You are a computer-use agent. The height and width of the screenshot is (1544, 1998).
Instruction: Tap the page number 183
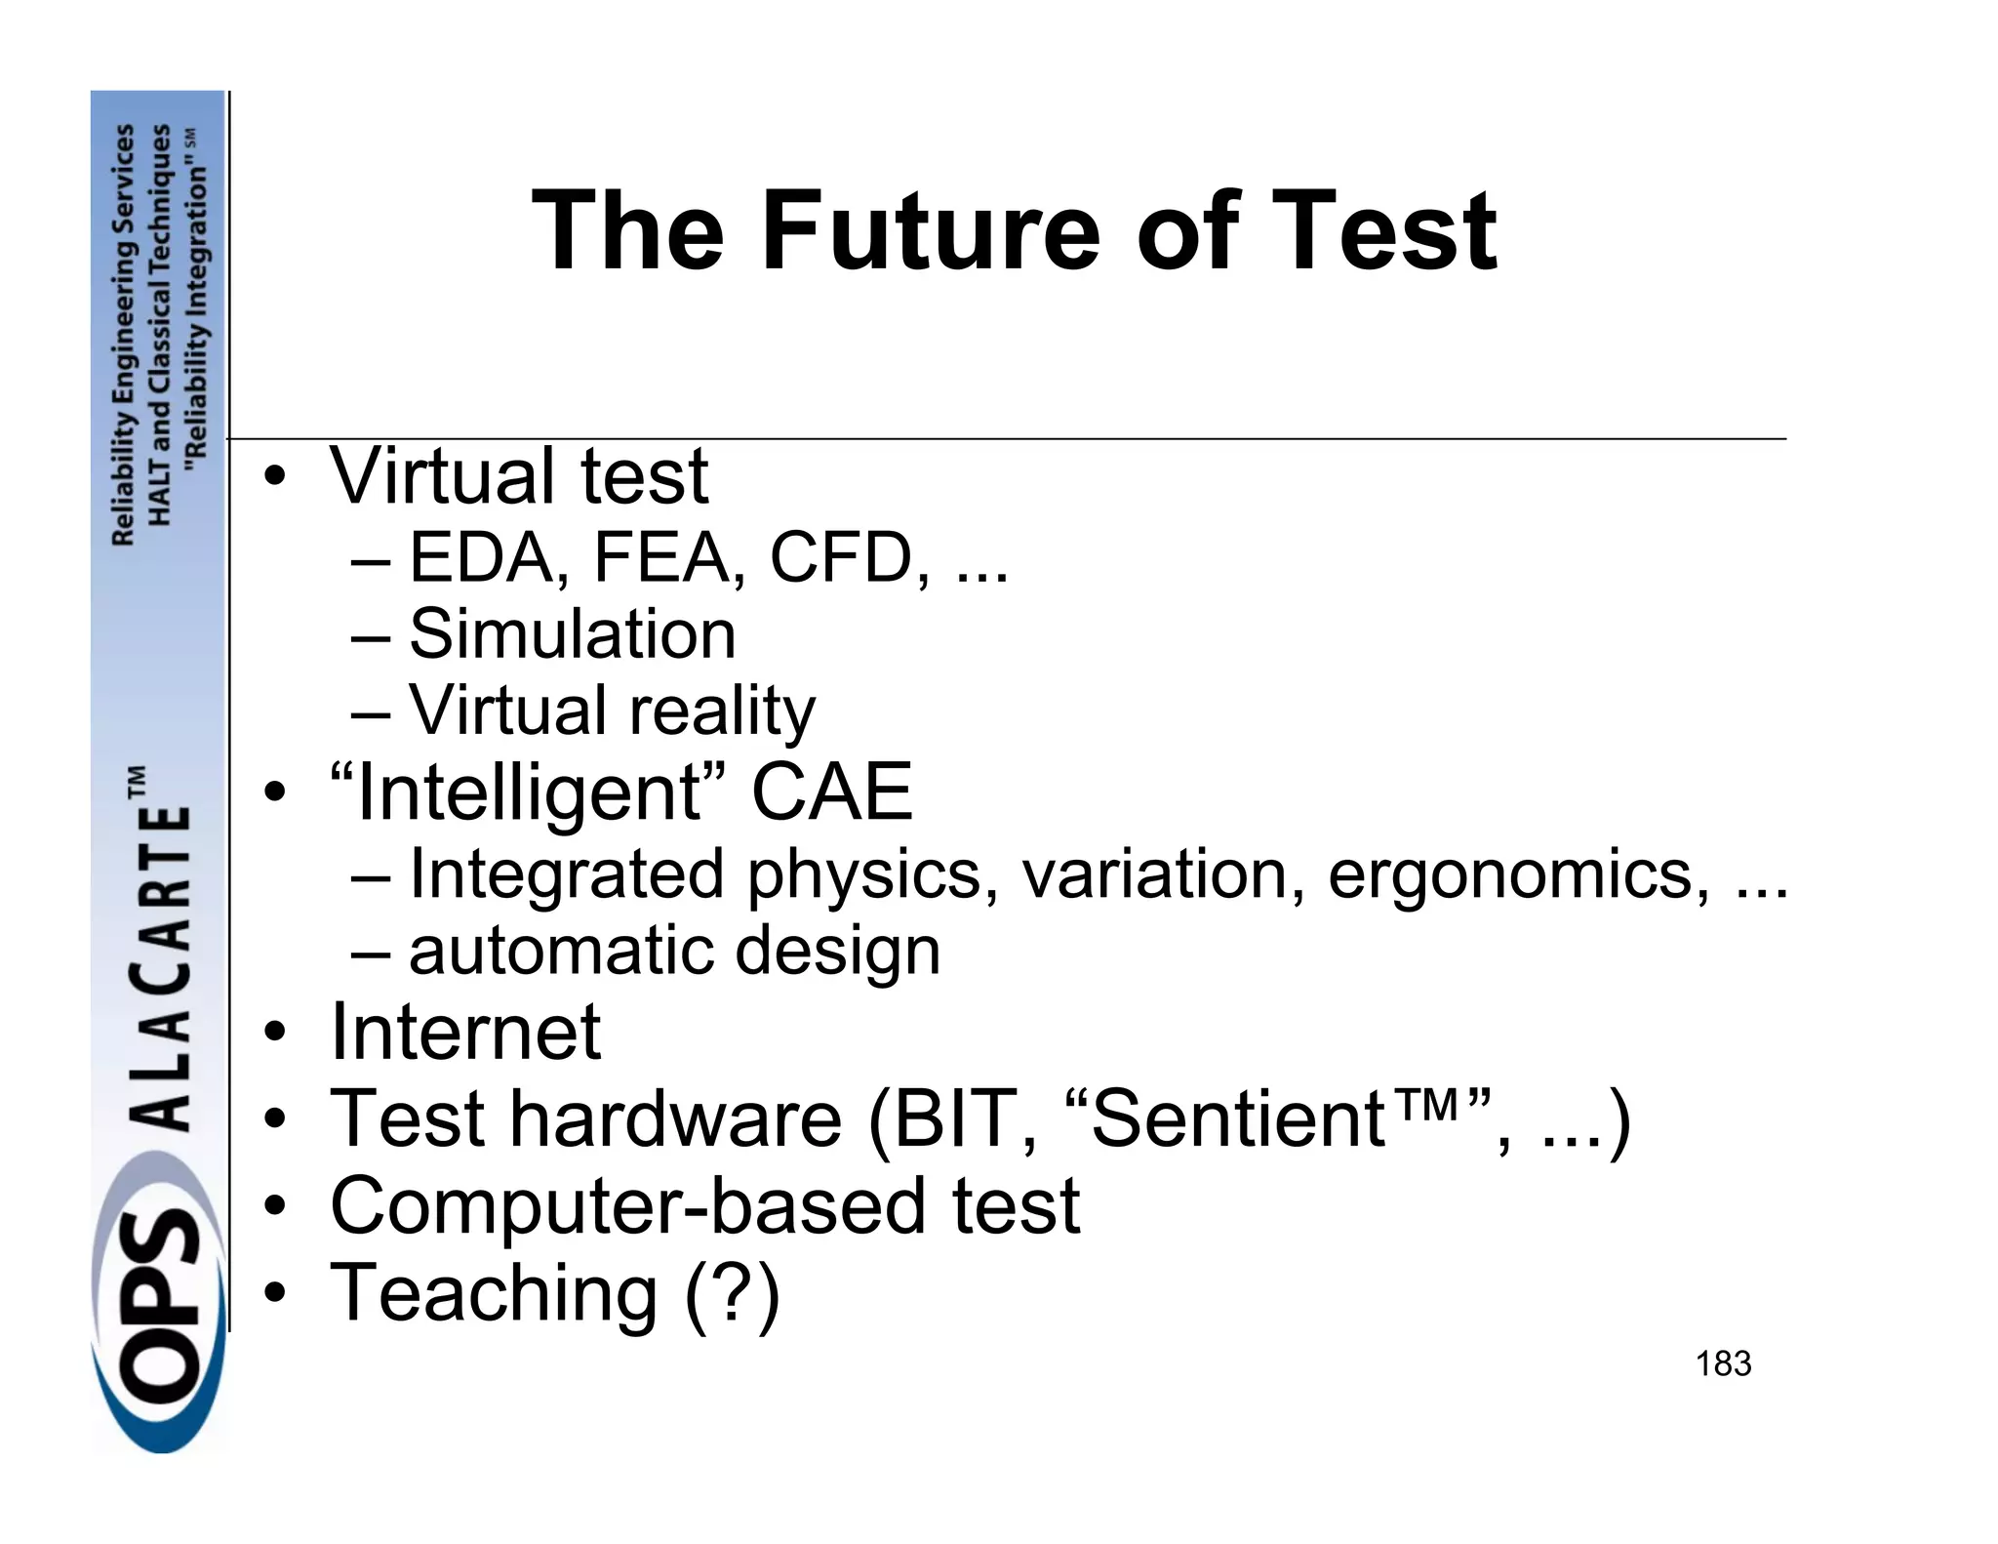pos(1723,1363)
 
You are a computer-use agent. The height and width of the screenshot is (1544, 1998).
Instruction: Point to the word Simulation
pos(572,635)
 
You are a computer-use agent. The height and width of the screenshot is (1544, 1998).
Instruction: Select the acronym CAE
pos(831,792)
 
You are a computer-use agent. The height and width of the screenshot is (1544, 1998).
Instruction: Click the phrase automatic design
pos(674,951)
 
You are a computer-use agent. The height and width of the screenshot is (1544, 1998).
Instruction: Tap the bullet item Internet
pos(465,1032)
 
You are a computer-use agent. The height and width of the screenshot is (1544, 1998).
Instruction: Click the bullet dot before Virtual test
pos(276,478)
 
